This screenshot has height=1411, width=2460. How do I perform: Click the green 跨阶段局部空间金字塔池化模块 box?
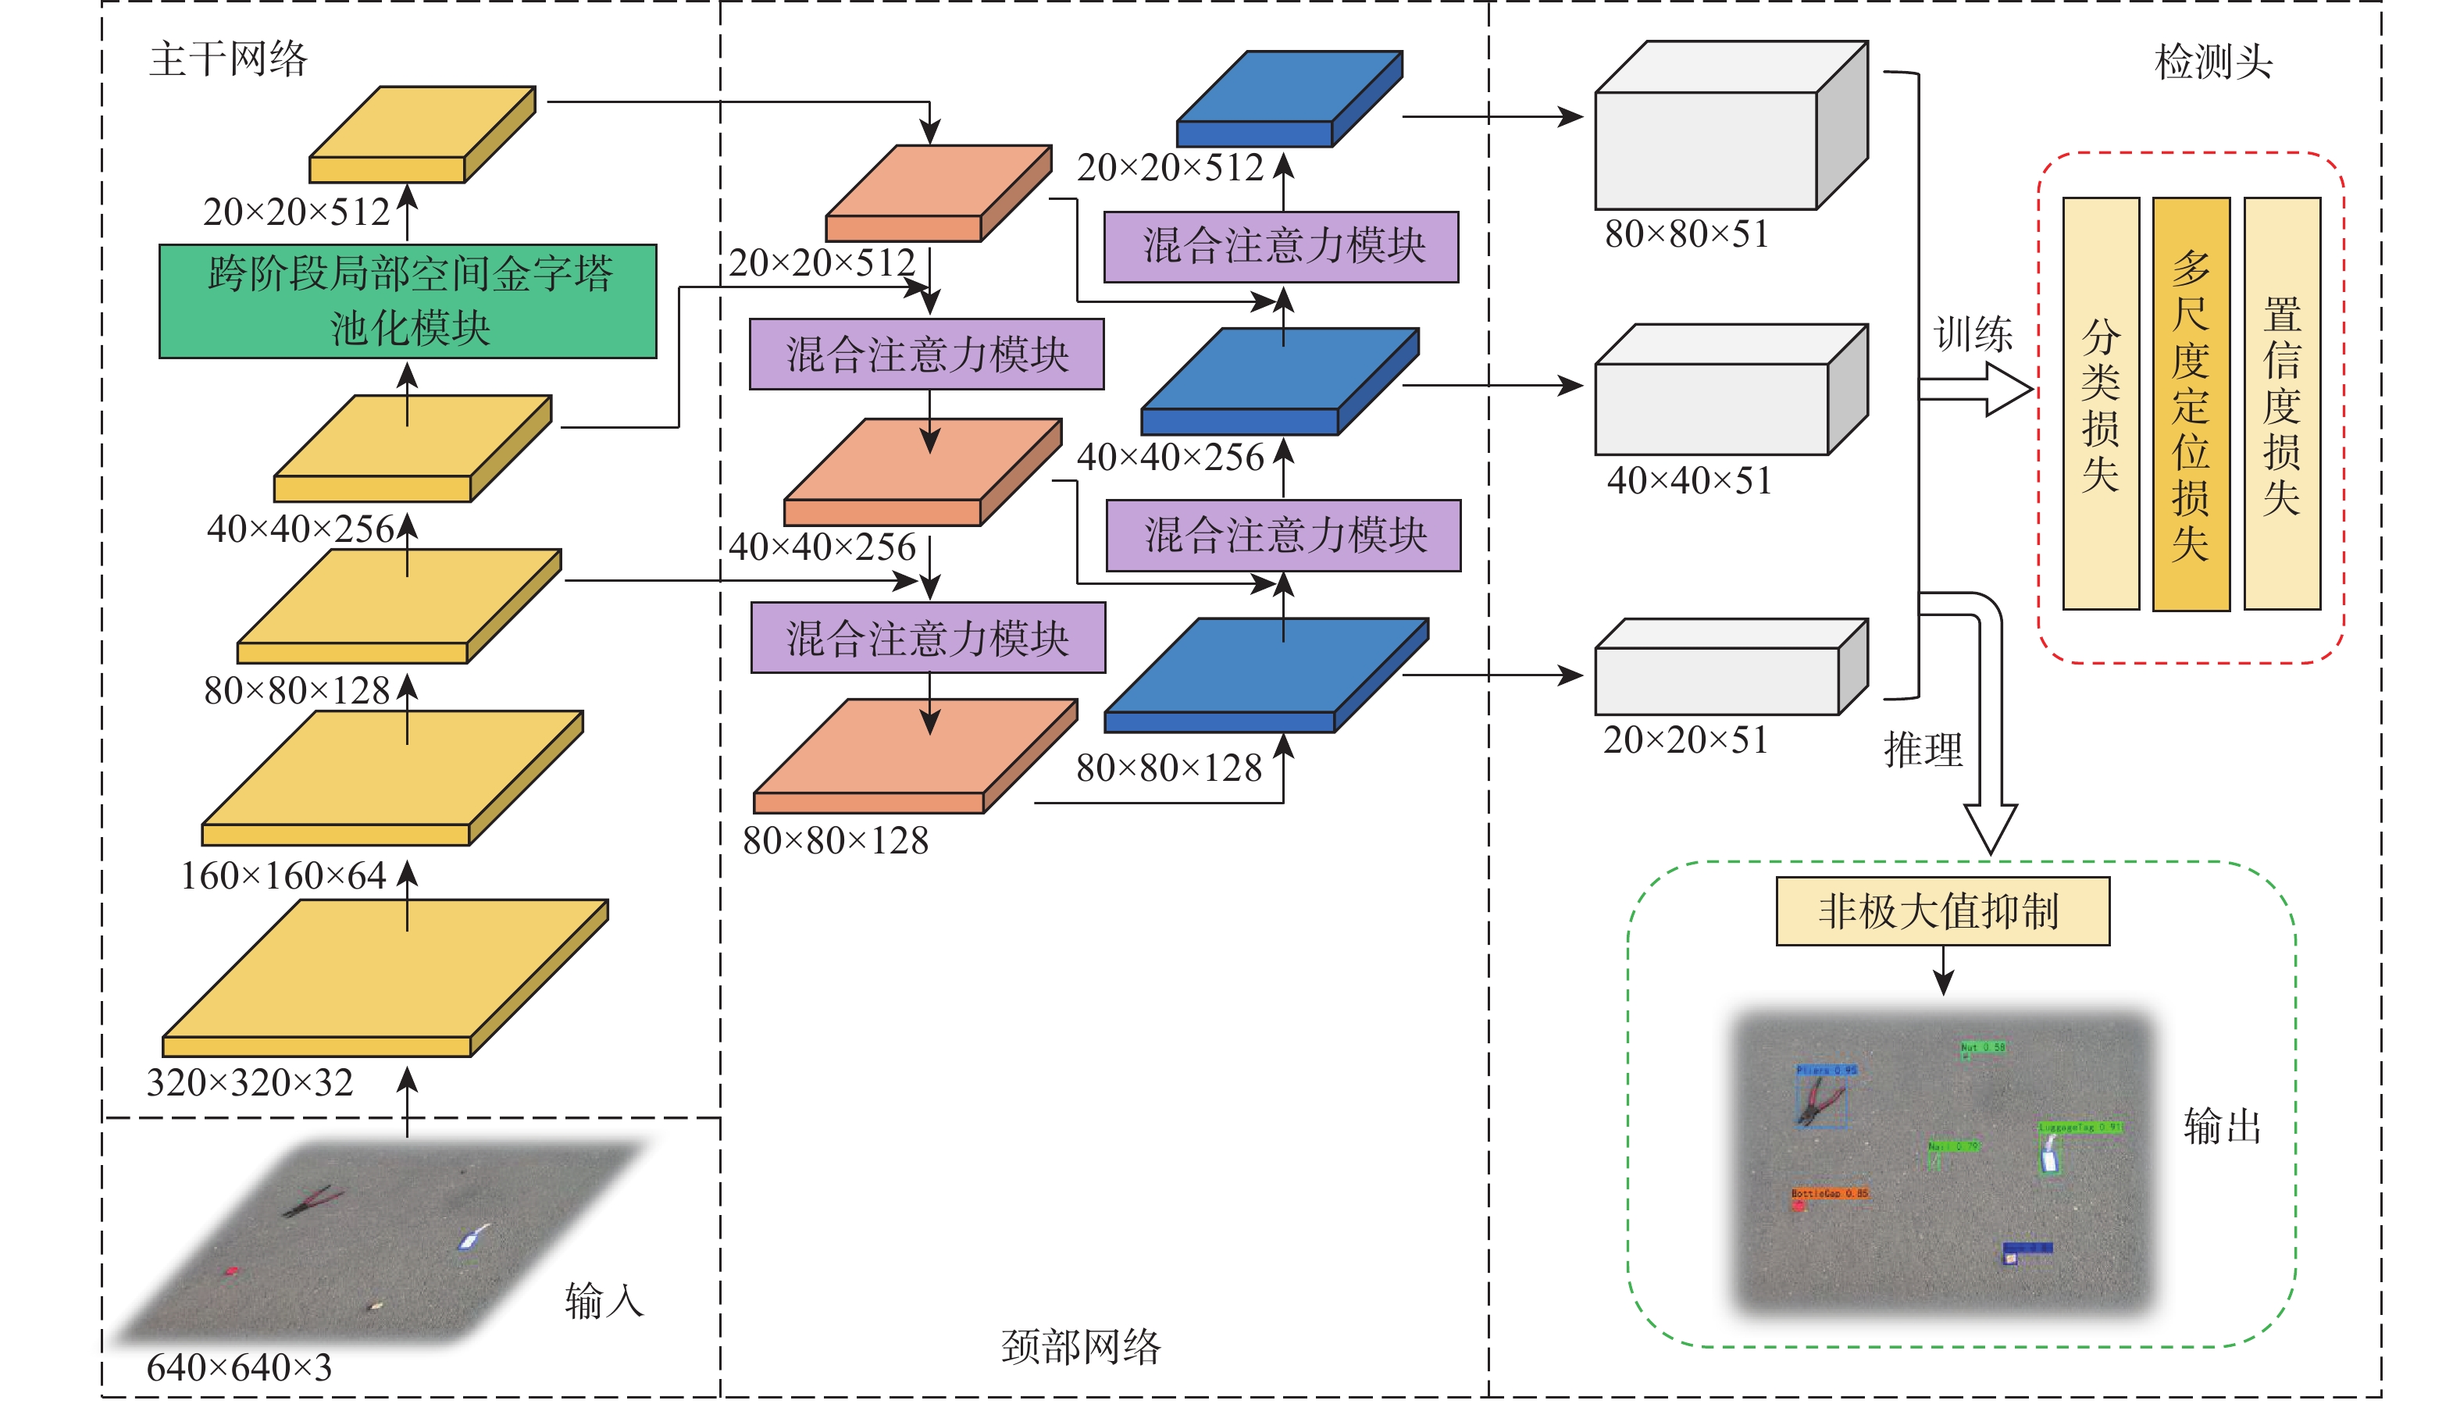coord(408,301)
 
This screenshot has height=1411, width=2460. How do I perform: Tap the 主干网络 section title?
coord(229,59)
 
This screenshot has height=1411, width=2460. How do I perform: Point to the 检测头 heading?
coord(2213,62)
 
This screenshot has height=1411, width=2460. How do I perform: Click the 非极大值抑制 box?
coord(1941,911)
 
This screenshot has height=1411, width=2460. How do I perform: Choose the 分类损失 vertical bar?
coord(2101,404)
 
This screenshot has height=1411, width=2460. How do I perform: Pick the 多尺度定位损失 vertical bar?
coord(2191,404)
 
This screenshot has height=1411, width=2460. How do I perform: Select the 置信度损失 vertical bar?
coord(2282,404)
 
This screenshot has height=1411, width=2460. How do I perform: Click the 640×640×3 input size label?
coord(239,1367)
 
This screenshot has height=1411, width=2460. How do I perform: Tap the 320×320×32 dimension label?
coord(250,1082)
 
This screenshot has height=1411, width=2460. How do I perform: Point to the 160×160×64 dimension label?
coord(283,876)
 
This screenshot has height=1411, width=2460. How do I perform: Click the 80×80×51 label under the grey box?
coord(1687,233)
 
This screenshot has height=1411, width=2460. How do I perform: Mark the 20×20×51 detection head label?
coord(1686,740)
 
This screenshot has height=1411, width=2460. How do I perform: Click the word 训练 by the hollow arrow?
coord(1973,334)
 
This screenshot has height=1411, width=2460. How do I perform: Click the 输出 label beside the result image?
coord(2222,1127)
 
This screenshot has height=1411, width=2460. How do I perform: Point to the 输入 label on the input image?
coord(604,1301)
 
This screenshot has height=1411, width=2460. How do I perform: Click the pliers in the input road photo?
coord(312,1202)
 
